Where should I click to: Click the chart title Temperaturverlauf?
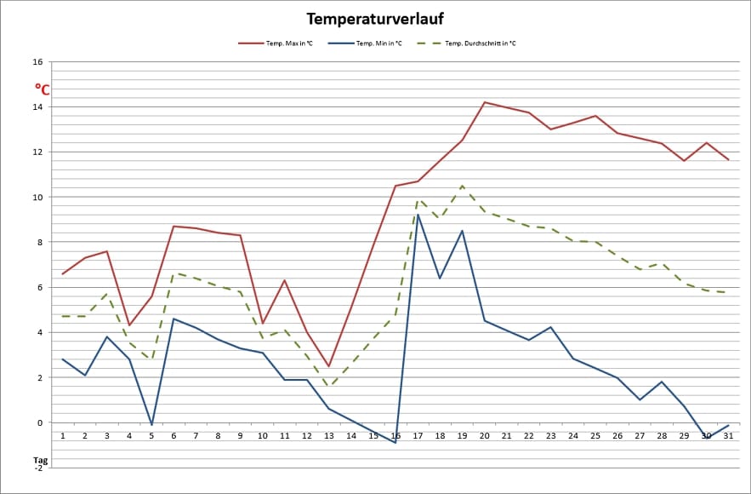(x=375, y=19)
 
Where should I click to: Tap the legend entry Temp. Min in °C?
(x=378, y=43)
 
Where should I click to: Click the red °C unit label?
(x=42, y=89)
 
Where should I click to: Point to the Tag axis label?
(x=40, y=460)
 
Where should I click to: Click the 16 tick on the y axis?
(x=37, y=62)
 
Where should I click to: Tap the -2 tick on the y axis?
(x=38, y=468)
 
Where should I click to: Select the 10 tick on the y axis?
(x=37, y=198)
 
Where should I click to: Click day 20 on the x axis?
(x=484, y=436)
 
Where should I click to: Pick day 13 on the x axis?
(x=329, y=436)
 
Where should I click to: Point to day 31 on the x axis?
(x=728, y=436)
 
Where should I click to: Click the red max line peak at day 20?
(x=484, y=102)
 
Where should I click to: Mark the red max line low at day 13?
(x=329, y=366)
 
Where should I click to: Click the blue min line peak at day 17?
(x=418, y=215)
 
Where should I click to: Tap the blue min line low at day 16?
(x=395, y=443)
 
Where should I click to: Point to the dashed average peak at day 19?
(x=462, y=186)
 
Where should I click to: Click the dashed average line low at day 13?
(x=329, y=387)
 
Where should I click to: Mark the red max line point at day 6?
(x=174, y=226)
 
